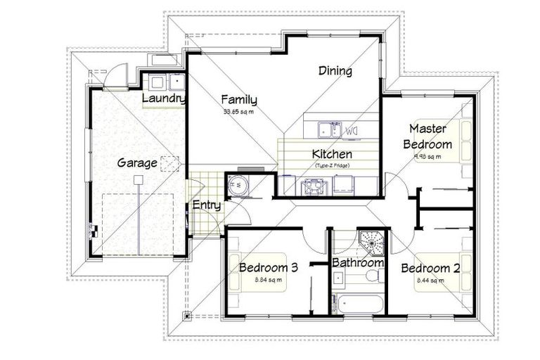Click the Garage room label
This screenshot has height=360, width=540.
[137, 163]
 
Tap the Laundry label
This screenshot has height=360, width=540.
[163, 99]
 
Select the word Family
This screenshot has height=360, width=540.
[239, 100]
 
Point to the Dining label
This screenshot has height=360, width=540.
[335, 71]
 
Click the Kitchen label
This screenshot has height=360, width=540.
[332, 154]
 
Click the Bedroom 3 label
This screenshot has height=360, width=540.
[269, 268]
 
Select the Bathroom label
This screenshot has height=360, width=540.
[359, 263]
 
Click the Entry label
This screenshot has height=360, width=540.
[207, 206]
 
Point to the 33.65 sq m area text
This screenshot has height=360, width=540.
[238, 112]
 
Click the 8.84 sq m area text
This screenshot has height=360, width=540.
[268, 281]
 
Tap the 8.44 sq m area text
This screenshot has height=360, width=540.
[430, 281]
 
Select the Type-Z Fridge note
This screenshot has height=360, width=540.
[332, 165]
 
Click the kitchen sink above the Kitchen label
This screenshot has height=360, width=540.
[326, 129]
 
